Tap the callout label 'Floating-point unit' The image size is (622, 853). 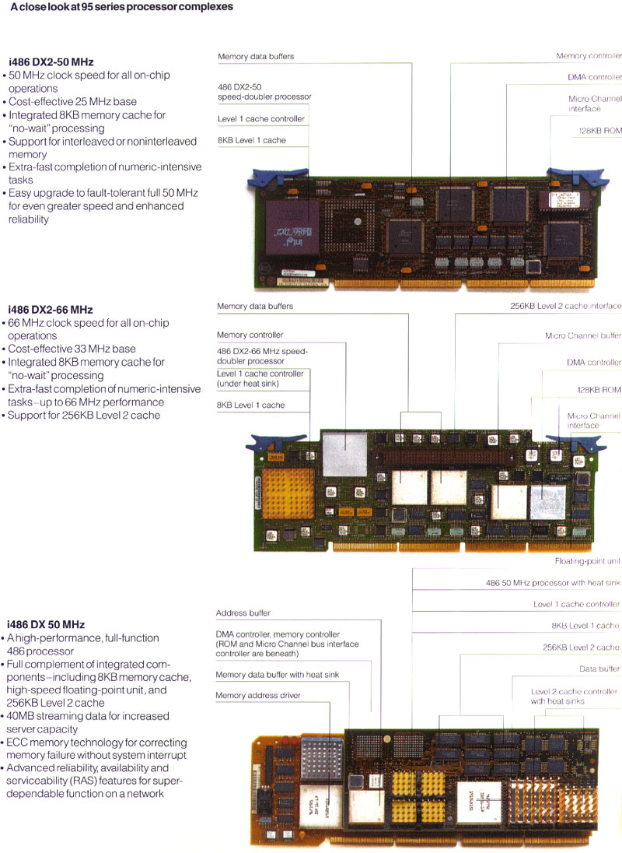click(x=587, y=561)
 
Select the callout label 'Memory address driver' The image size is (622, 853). click(x=257, y=695)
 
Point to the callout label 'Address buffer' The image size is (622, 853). click(x=243, y=613)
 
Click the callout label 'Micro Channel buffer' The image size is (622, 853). click(x=583, y=336)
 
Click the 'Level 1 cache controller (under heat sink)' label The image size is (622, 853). click(x=260, y=378)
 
